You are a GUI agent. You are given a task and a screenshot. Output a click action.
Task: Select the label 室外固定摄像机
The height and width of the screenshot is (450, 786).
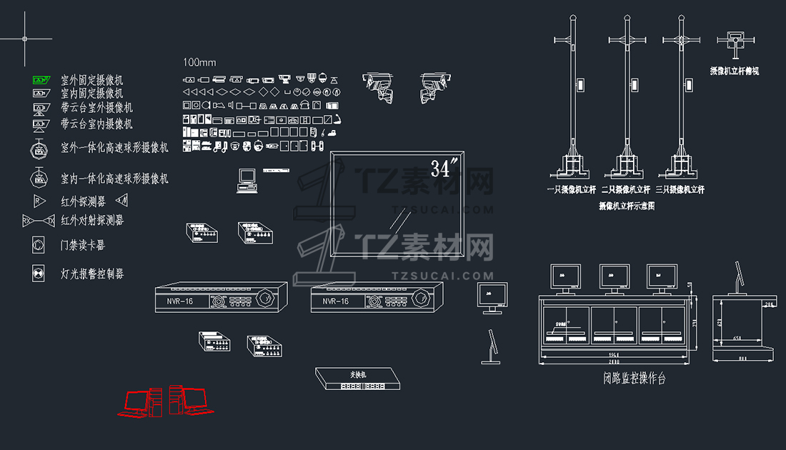click(x=92, y=79)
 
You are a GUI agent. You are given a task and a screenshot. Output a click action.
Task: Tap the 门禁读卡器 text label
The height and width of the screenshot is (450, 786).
click(x=83, y=245)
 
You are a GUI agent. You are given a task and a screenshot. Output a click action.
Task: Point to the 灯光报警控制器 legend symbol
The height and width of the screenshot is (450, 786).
click(x=38, y=274)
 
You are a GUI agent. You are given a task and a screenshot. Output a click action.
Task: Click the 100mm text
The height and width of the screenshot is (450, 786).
click(x=199, y=62)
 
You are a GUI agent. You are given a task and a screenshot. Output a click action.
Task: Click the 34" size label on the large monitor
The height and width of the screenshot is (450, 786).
click(x=444, y=169)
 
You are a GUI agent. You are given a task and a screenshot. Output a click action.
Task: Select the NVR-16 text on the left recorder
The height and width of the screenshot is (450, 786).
click(x=180, y=301)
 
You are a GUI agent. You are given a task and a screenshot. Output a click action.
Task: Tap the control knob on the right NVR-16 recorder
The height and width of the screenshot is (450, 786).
click(x=422, y=297)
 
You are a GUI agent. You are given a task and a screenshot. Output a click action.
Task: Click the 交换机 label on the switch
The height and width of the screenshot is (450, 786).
click(x=357, y=374)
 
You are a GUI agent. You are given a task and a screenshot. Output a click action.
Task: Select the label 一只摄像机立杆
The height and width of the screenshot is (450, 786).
click(x=572, y=190)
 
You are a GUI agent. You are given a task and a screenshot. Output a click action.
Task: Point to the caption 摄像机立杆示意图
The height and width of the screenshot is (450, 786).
click(x=626, y=206)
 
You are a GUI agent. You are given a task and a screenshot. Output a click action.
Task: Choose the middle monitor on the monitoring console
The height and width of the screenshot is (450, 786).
click(x=614, y=276)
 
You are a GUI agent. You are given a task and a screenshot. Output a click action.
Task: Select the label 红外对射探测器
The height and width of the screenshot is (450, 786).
click(x=92, y=220)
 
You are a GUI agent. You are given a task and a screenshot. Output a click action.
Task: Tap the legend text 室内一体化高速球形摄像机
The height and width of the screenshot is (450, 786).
click(x=114, y=178)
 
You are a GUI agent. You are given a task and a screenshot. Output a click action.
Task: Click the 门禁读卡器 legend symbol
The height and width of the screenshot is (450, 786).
click(x=38, y=244)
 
